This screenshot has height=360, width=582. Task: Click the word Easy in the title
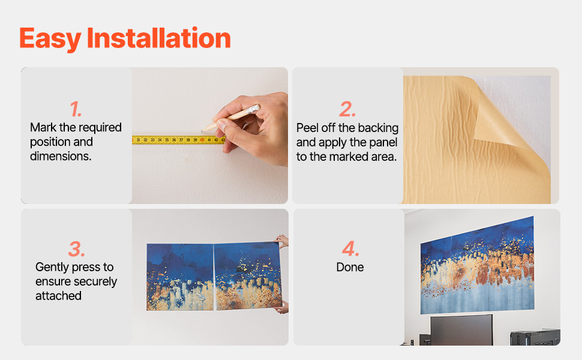click(x=50, y=39)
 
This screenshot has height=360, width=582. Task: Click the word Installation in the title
click(x=159, y=38)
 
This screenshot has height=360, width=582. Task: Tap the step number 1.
click(x=76, y=109)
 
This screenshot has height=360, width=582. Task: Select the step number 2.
click(x=347, y=109)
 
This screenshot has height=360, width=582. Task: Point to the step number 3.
click(x=76, y=249)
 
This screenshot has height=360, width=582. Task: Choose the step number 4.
click(x=351, y=248)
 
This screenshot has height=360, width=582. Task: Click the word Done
click(x=350, y=267)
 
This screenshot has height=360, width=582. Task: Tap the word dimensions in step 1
click(x=61, y=156)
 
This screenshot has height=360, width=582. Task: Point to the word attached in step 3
click(x=58, y=296)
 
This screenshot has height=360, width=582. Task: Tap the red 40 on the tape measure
click(x=202, y=140)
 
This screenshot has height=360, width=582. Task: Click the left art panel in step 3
click(x=180, y=277)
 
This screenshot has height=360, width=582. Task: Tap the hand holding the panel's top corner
click(x=282, y=241)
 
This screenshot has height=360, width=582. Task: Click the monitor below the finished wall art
click(x=461, y=330)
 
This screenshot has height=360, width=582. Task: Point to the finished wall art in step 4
click(x=478, y=266)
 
